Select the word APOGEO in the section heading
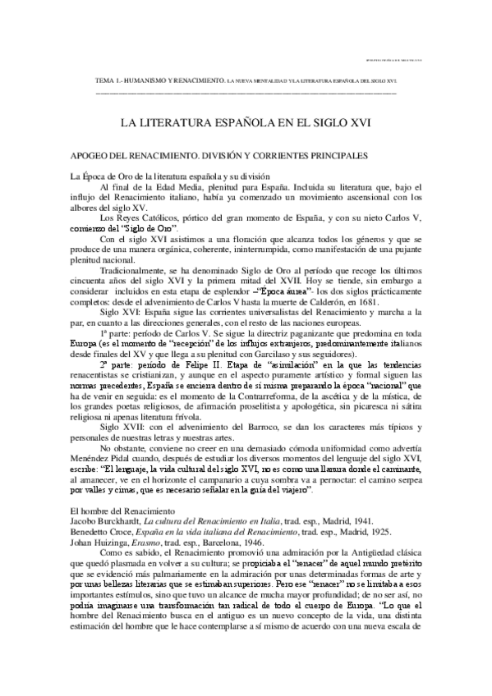(x=94, y=156)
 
